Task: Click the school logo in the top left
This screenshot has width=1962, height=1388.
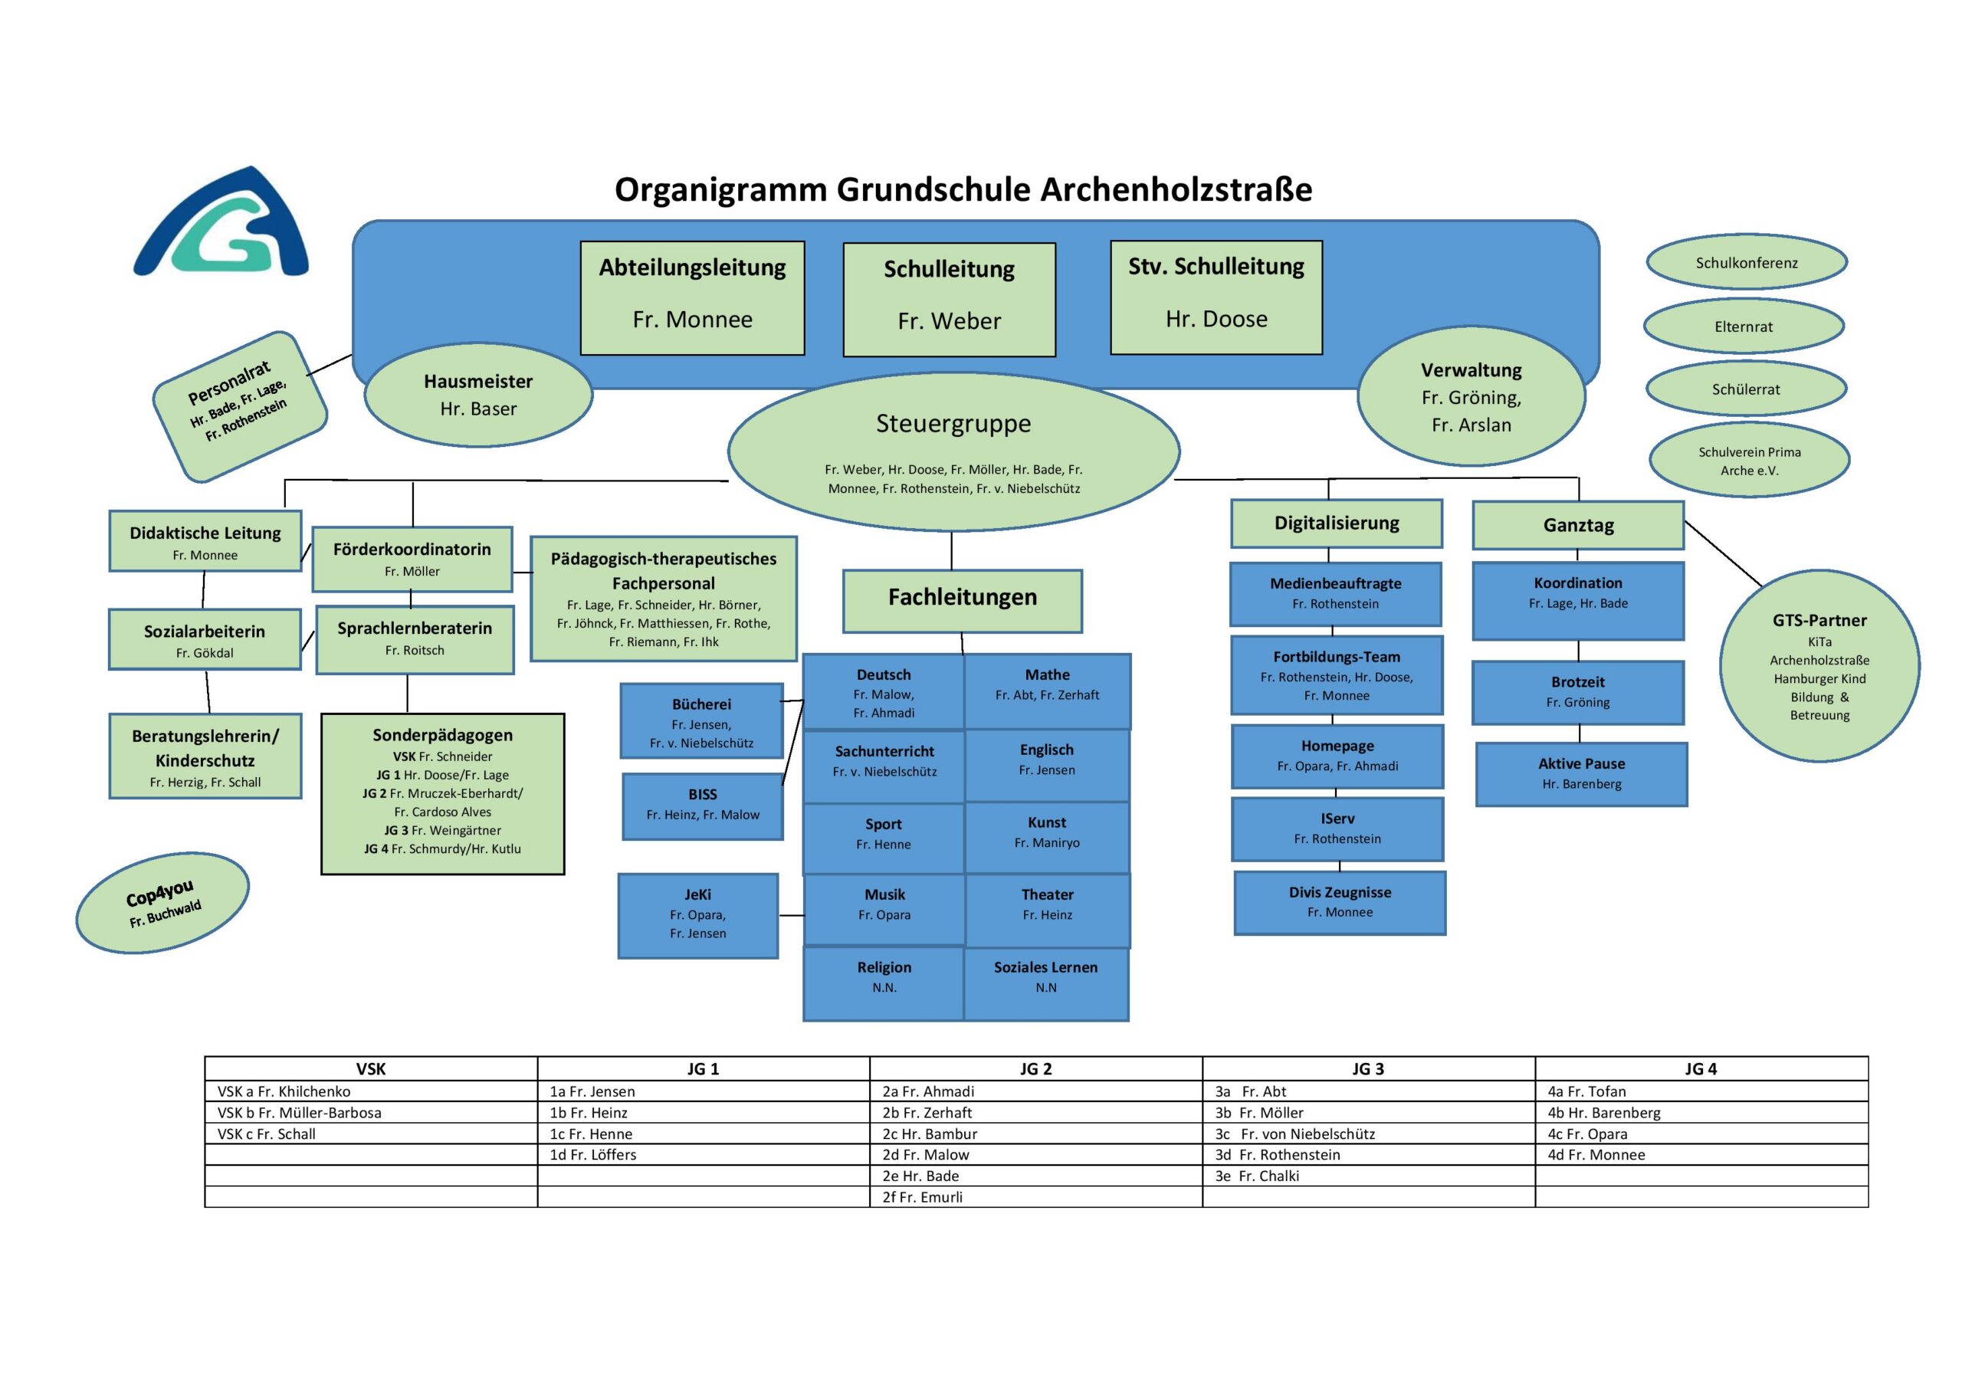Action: (221, 224)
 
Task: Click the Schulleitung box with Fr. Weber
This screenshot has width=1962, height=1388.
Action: (949, 299)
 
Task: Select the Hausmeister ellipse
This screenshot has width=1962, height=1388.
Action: (477, 395)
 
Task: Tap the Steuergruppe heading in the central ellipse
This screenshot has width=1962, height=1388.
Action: (953, 424)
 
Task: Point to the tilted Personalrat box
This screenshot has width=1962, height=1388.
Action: (239, 407)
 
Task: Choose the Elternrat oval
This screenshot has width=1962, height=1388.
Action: (1744, 326)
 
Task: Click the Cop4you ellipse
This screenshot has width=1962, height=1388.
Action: (162, 903)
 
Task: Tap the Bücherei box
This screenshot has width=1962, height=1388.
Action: (700, 721)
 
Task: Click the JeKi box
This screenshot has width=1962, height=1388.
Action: (697, 915)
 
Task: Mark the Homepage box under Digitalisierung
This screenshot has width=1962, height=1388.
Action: (1337, 756)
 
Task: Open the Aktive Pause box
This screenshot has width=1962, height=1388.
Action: (1581, 773)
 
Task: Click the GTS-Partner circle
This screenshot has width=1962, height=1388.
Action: (1819, 667)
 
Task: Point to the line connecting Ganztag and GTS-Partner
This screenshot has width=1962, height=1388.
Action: (1724, 555)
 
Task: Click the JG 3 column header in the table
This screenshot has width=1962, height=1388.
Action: (1368, 1068)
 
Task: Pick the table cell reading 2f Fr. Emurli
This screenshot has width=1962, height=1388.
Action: (1035, 1197)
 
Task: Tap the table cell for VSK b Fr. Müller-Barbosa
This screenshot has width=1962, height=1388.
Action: (371, 1113)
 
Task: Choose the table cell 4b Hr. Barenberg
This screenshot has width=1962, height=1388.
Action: (1701, 1113)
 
